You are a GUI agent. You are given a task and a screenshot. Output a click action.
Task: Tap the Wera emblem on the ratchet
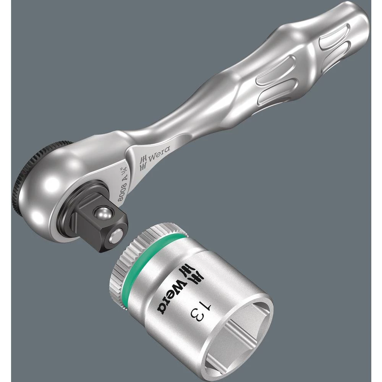[x=144, y=163]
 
